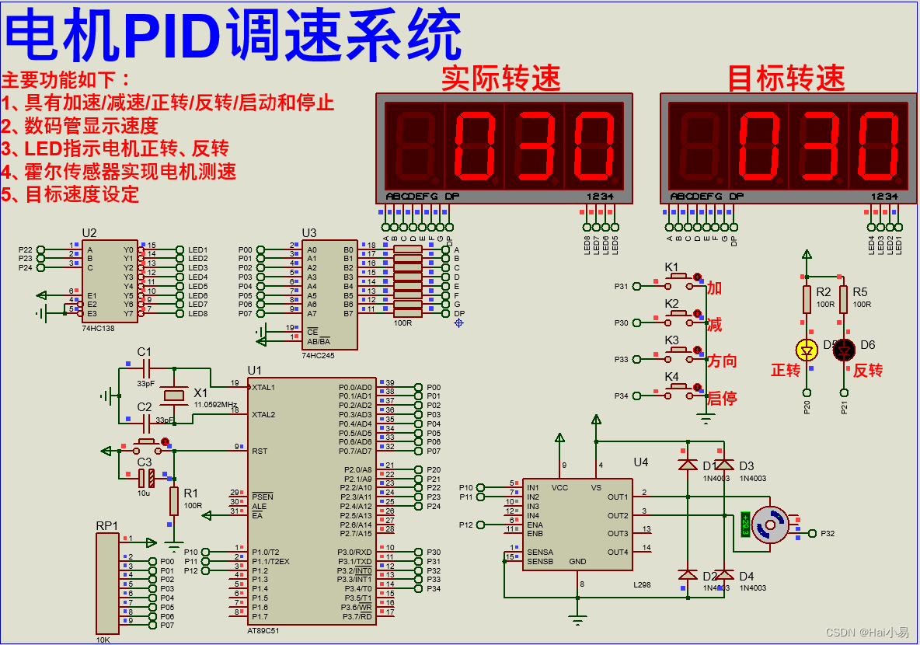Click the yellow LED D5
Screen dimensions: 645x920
(807, 350)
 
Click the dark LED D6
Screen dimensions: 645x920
(844, 350)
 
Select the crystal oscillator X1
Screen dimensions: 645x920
(176, 396)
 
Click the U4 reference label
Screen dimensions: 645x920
(640, 462)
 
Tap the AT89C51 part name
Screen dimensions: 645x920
(263, 630)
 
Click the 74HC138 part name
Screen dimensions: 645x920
(97, 329)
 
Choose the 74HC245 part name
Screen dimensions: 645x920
(318, 355)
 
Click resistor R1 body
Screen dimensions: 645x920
(175, 501)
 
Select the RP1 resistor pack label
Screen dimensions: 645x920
(107, 525)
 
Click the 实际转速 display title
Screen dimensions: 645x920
(500, 78)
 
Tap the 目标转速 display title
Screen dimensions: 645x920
(786, 78)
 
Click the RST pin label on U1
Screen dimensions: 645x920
(260, 451)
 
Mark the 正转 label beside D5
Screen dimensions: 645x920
(786, 371)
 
